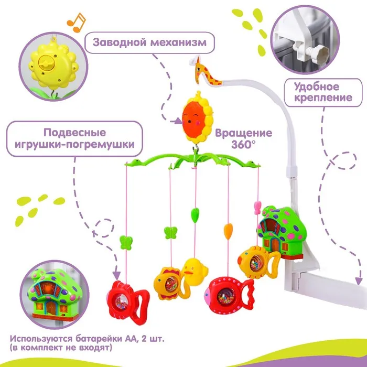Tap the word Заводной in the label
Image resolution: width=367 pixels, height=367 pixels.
pyautogui.click(x=118, y=41)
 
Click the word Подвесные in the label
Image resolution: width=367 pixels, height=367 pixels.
pyautogui.click(x=74, y=132)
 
